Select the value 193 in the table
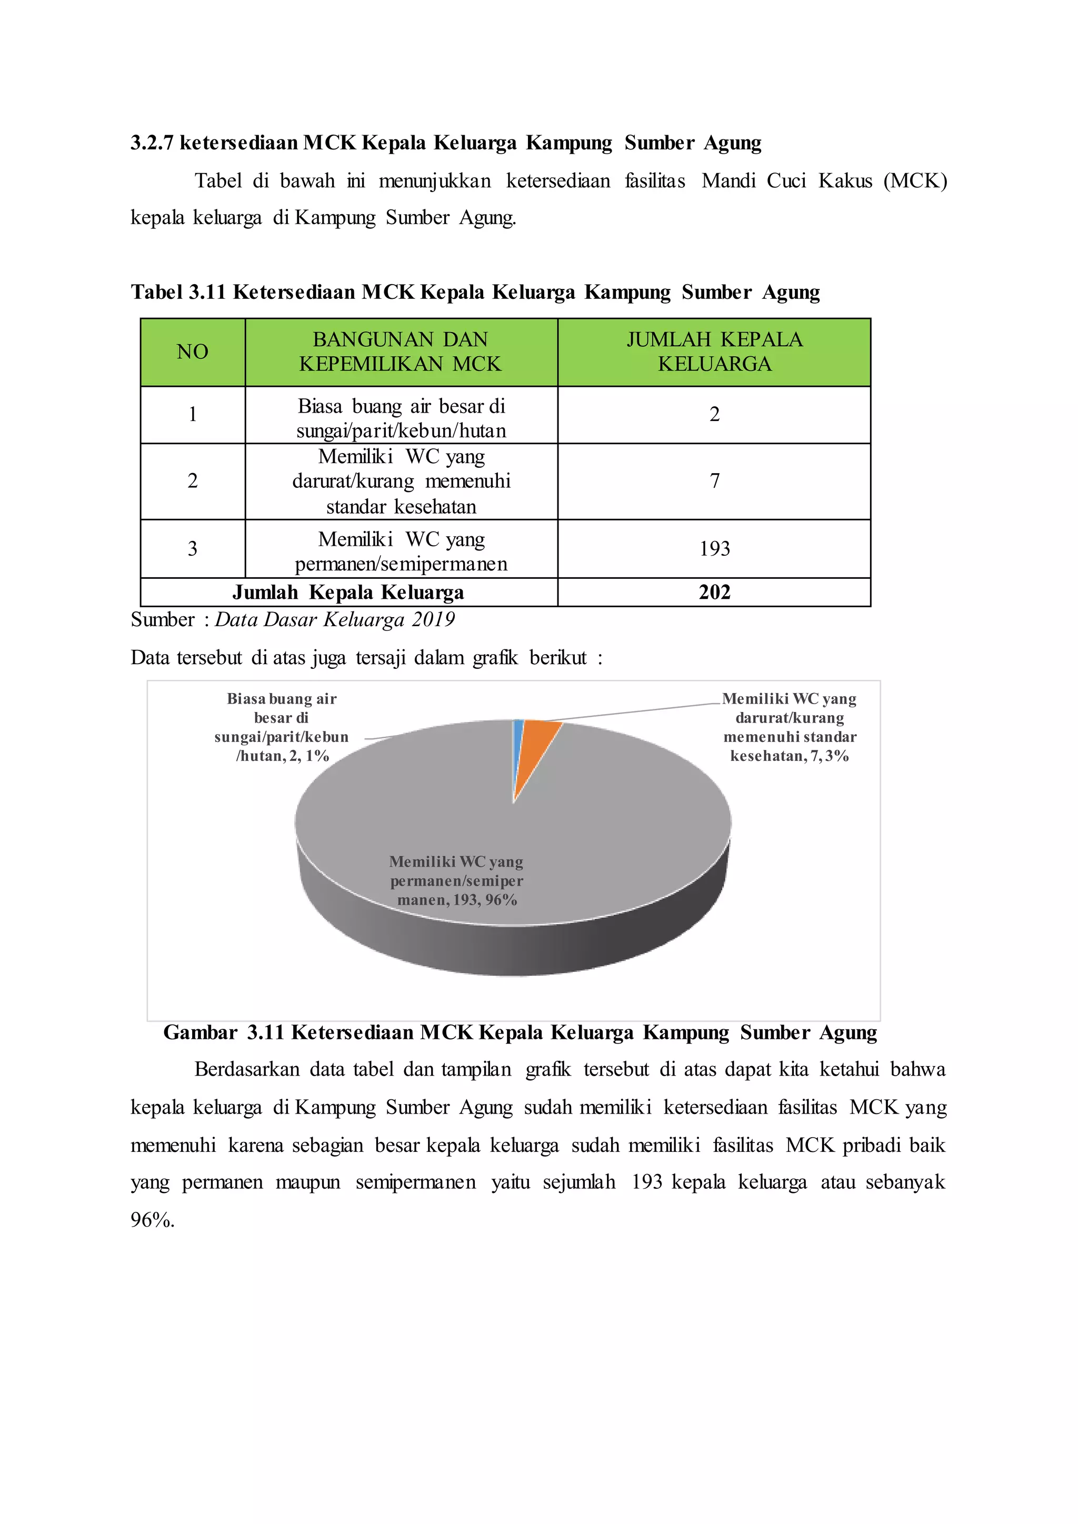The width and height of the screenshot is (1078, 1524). [x=714, y=548]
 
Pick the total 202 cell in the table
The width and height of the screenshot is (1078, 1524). [x=714, y=592]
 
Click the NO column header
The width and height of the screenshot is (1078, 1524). [x=193, y=352]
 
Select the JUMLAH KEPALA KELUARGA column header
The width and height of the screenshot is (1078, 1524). [x=714, y=352]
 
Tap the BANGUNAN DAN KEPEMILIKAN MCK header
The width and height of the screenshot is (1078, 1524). [x=401, y=352]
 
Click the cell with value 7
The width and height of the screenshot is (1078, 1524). [x=714, y=480]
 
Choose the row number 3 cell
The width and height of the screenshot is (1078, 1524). [x=193, y=548]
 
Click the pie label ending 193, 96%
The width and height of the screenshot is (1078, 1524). [x=457, y=881]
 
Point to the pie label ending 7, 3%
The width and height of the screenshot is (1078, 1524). [x=789, y=727]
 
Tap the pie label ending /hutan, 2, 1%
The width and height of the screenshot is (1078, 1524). [x=282, y=727]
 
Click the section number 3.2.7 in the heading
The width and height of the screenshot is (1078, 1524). [x=152, y=143]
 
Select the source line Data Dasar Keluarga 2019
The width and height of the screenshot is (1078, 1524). [x=335, y=620]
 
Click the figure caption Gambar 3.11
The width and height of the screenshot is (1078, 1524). [x=520, y=1033]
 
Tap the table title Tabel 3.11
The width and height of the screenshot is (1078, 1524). [x=475, y=292]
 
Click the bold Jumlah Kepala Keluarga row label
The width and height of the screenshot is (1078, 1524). [x=348, y=592]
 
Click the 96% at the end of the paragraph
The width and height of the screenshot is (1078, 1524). [x=152, y=1220]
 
